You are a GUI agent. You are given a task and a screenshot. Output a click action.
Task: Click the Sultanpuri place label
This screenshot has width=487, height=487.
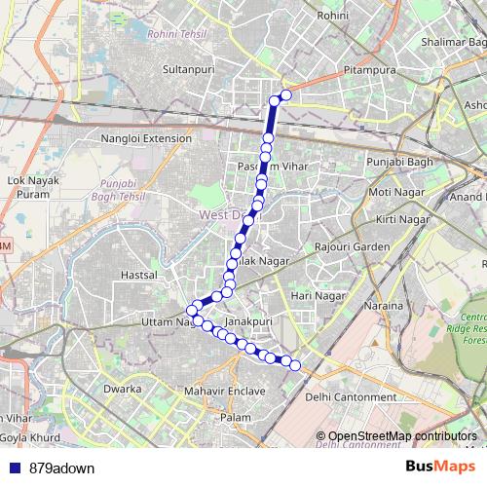(188, 71)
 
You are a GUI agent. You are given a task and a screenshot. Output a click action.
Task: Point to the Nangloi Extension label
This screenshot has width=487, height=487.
(147, 139)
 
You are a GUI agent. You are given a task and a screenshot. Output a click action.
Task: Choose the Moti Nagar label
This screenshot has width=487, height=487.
(393, 192)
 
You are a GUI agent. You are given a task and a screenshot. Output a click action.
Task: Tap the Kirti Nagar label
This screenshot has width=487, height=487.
(401, 220)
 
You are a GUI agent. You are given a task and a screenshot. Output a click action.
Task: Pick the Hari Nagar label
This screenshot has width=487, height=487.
(318, 295)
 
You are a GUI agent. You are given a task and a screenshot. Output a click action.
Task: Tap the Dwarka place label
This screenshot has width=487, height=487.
(123, 390)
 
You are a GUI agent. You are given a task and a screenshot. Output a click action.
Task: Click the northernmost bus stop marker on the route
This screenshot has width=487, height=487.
(286, 95)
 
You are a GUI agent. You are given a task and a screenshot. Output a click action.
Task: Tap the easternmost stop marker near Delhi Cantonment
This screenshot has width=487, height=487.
(296, 365)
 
